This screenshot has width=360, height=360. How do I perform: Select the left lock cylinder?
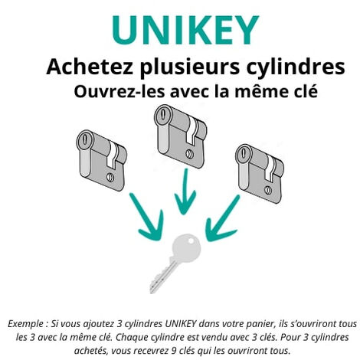(100, 159)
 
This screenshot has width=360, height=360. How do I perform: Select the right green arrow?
(221, 215)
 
